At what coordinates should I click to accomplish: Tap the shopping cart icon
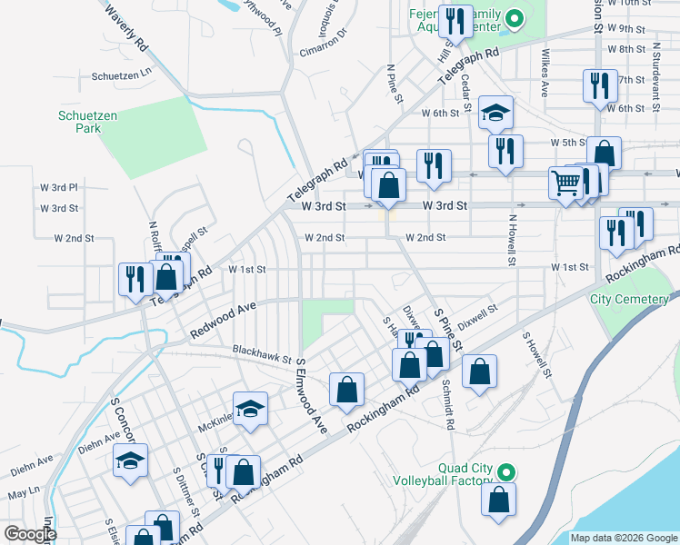565,183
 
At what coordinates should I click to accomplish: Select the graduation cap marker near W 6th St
495,113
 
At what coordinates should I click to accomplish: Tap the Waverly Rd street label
126,28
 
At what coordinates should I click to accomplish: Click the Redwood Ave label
224,322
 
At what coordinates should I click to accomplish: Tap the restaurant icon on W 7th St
596,85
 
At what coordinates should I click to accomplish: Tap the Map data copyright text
623,538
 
